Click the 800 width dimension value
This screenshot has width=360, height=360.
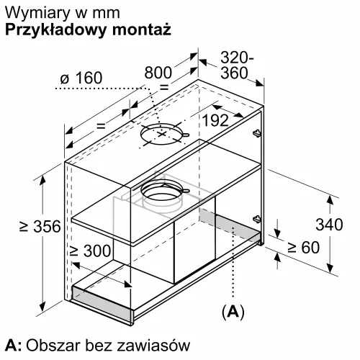(x=158, y=72)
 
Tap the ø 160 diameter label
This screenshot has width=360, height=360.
(x=81, y=78)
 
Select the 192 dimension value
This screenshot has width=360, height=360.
(x=215, y=120)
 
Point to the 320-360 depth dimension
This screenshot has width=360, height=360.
(x=236, y=65)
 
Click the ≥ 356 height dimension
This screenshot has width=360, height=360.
(x=40, y=226)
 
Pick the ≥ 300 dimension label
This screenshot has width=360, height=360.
(x=90, y=251)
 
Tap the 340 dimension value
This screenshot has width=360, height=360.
(x=329, y=225)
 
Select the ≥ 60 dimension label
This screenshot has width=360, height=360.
(x=303, y=247)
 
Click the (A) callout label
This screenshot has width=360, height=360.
(x=233, y=312)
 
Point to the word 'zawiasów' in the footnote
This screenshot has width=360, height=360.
(x=153, y=346)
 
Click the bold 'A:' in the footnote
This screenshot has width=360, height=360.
(x=14, y=345)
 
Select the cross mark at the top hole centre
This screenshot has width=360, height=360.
(x=162, y=133)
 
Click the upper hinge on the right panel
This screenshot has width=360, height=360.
(x=257, y=132)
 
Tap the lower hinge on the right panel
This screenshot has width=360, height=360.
(x=257, y=219)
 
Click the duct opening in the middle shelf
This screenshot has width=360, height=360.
(x=163, y=194)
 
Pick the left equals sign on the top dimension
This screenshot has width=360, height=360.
(x=101, y=125)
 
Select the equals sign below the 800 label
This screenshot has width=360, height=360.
(x=164, y=87)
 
